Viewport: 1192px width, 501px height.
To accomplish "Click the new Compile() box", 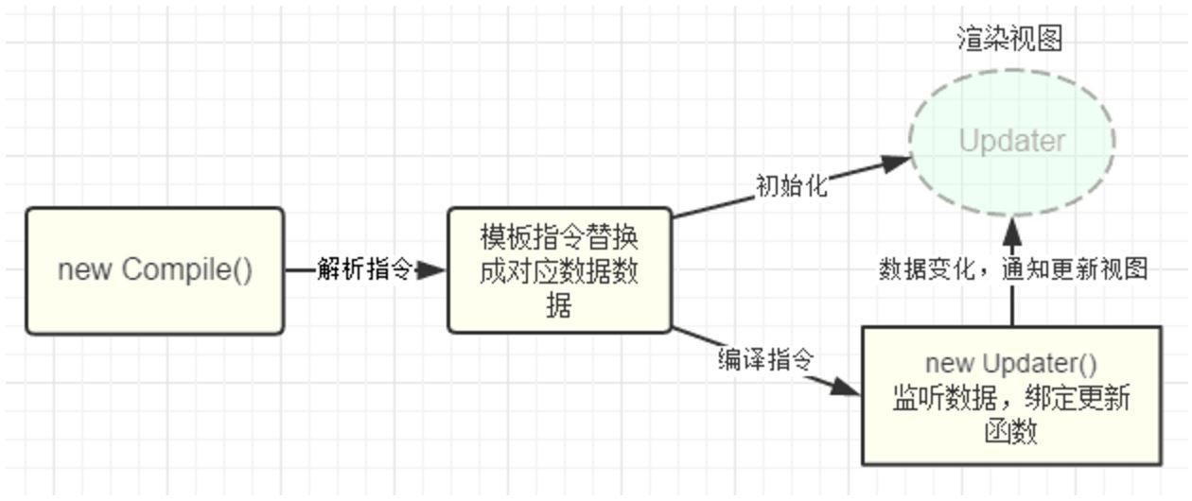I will click(x=154, y=270).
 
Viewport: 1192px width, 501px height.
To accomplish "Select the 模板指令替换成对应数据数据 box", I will click(x=559, y=270).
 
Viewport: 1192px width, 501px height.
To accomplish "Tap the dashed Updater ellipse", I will click(x=1011, y=142).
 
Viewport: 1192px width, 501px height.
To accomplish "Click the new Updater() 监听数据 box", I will click(x=1011, y=396).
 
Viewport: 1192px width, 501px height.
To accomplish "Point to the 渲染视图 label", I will click(x=1009, y=39).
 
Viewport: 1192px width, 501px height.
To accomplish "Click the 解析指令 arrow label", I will click(x=364, y=270).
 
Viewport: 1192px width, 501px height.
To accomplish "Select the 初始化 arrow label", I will click(x=791, y=186).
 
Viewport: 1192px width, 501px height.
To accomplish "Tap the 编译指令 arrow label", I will click(x=765, y=359).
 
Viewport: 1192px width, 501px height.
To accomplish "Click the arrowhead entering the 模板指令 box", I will click(x=431, y=271).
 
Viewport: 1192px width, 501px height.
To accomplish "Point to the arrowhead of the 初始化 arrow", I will click(x=894, y=163).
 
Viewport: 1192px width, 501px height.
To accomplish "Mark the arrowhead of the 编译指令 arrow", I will click(x=847, y=388).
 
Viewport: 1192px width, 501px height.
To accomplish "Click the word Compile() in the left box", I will click(x=187, y=270).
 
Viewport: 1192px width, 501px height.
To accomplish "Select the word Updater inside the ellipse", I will click(x=1011, y=142).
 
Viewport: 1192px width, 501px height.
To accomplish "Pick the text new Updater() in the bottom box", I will click(x=1010, y=364).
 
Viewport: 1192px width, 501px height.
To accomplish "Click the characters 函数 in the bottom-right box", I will click(x=1011, y=431).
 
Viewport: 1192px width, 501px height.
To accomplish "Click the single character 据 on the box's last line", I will click(x=558, y=305).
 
